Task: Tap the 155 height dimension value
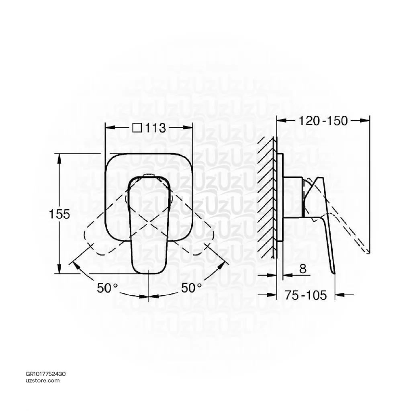click(x=59, y=214)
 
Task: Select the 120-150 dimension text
click(x=323, y=121)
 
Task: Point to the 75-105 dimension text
click(x=306, y=295)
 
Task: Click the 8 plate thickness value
click(x=303, y=269)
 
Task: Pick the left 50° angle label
click(x=107, y=288)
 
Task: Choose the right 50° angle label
click(x=191, y=288)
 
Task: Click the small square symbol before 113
click(x=137, y=128)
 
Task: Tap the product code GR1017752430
click(x=46, y=374)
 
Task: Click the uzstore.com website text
click(x=43, y=380)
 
